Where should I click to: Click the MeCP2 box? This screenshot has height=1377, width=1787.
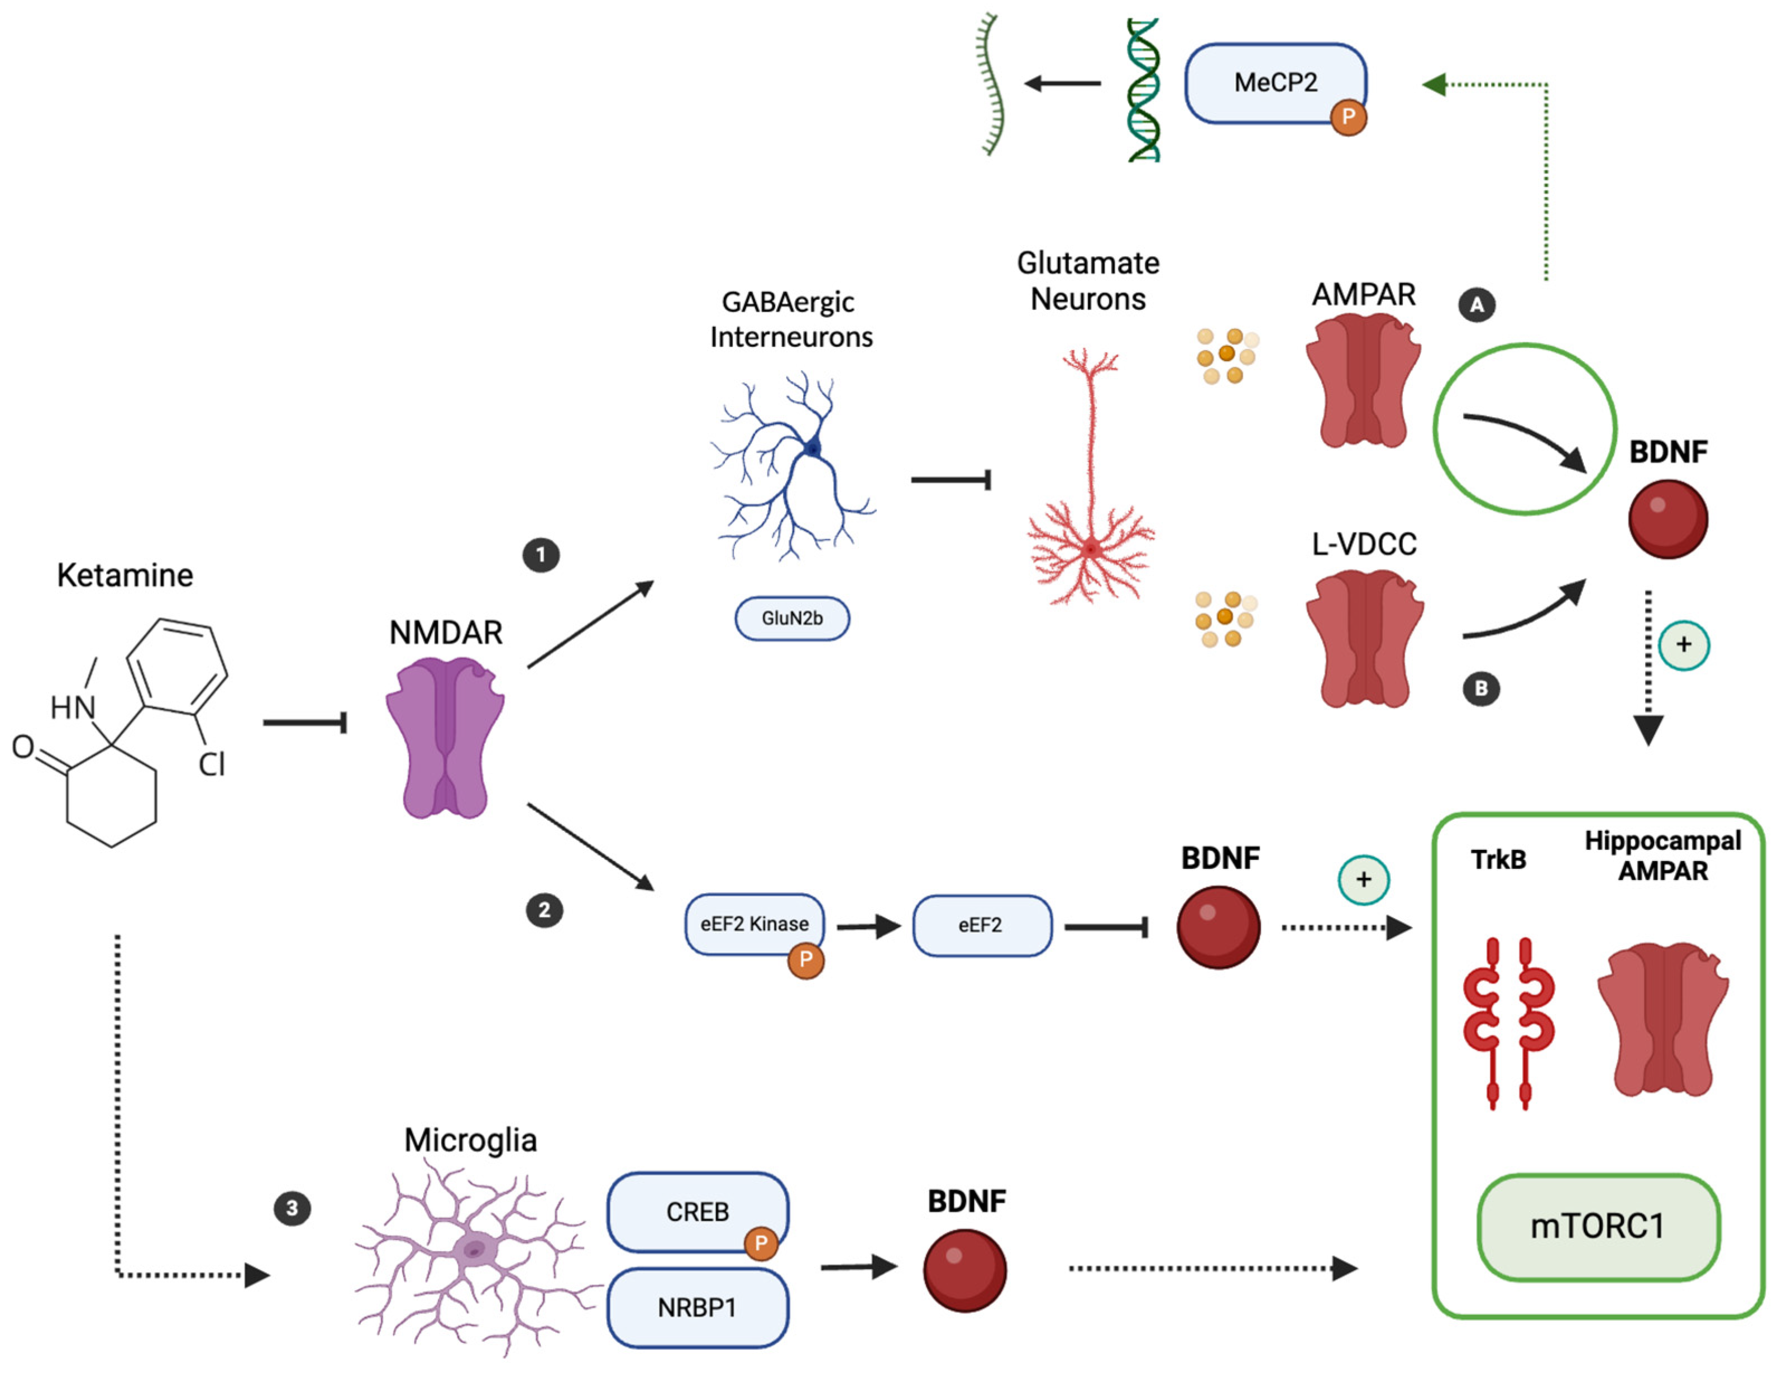1275,83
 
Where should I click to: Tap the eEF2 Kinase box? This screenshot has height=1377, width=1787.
754,925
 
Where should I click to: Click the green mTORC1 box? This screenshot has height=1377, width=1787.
1598,1226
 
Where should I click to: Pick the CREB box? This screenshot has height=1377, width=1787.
697,1212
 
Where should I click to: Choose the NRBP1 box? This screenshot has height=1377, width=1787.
697,1307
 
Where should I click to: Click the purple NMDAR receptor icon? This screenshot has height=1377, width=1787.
445,740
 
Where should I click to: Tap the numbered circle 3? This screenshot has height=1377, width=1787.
292,1208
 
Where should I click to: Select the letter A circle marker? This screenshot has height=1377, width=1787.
1477,305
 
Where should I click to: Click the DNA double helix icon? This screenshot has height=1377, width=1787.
1143,90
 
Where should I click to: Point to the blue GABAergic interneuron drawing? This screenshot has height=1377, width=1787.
792,466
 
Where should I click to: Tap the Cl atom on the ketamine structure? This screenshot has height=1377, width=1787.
211,764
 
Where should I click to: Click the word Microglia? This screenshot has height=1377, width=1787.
470,1140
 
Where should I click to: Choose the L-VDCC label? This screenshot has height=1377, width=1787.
1364,544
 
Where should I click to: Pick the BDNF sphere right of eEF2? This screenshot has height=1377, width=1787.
1219,927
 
